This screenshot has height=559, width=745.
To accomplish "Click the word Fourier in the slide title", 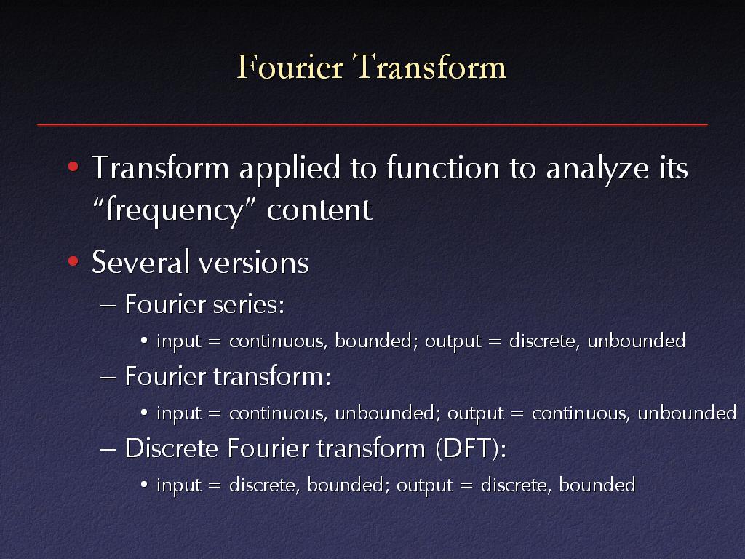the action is pos(290,66).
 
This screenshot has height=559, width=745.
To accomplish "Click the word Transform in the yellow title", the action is pos(430,66).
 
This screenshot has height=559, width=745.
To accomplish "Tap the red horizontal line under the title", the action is pos(372,124).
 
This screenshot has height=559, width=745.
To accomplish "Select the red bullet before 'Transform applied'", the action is pos(73,167).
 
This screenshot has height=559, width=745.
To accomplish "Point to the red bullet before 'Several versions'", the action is pos(73,261).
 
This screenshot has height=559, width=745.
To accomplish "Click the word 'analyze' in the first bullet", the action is pos(597,169).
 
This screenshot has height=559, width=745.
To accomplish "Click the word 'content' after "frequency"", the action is pos(319,210).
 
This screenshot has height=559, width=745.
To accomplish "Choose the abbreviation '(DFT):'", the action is pos(471,448).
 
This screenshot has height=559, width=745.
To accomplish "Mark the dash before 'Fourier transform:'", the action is pos(108,378).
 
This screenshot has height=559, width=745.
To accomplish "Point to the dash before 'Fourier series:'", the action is pos(108,305).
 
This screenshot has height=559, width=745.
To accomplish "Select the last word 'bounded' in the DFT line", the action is pos(597,485).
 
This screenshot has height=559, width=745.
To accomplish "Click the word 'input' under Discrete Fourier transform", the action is pos(179,485).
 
